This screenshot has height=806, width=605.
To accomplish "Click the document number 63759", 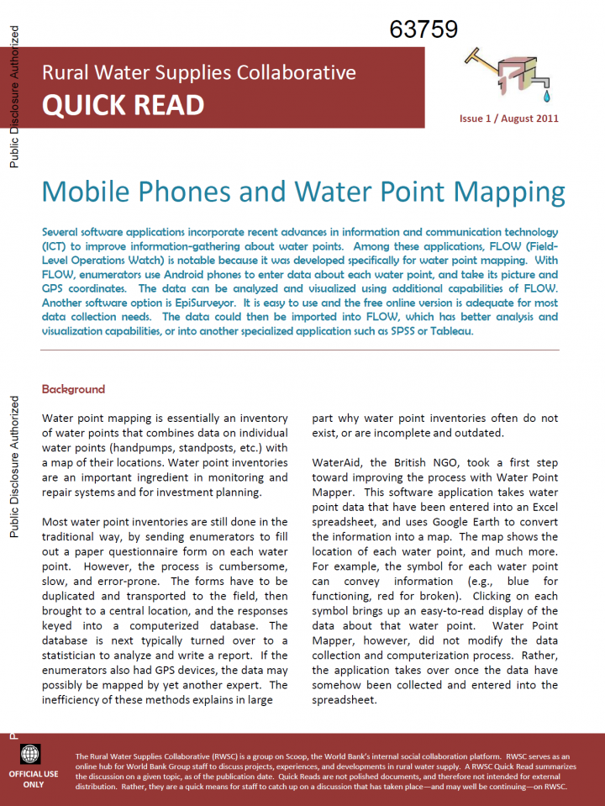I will pos(423,29).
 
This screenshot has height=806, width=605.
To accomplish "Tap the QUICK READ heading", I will pos(123,105).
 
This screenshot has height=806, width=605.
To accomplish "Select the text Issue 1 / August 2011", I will pos(508,119).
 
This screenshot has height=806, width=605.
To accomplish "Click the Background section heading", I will pos(73,389).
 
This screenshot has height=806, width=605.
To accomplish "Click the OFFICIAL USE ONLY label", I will pos(34,778).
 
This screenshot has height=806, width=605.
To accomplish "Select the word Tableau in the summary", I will pos(455,330).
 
